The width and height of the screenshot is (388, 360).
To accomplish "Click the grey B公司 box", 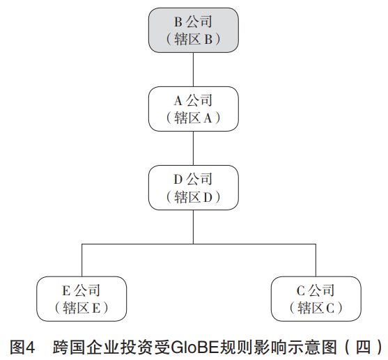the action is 193,30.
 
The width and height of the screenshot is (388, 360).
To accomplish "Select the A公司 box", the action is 193,109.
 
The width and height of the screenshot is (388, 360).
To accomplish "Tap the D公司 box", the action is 193,187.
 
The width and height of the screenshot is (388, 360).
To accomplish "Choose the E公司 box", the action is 82,299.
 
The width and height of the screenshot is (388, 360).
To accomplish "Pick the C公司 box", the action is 316,299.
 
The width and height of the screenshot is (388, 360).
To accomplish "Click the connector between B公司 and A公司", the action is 193,70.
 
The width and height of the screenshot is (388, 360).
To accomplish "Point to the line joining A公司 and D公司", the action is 193,148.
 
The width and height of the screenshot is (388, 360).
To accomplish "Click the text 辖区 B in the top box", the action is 193,39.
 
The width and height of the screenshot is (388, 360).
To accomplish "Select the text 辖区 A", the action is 193,118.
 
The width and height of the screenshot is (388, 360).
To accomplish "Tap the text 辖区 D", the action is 193,197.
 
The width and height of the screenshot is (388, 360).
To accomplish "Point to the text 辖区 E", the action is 82,308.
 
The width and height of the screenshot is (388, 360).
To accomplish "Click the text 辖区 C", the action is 316,308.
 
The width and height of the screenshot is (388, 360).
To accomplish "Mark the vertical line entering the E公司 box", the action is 82,260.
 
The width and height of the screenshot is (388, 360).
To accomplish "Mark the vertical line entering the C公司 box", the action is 316,260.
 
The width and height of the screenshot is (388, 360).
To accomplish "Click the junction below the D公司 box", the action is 193,244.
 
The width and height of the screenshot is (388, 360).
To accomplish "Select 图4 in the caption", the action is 22,347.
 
